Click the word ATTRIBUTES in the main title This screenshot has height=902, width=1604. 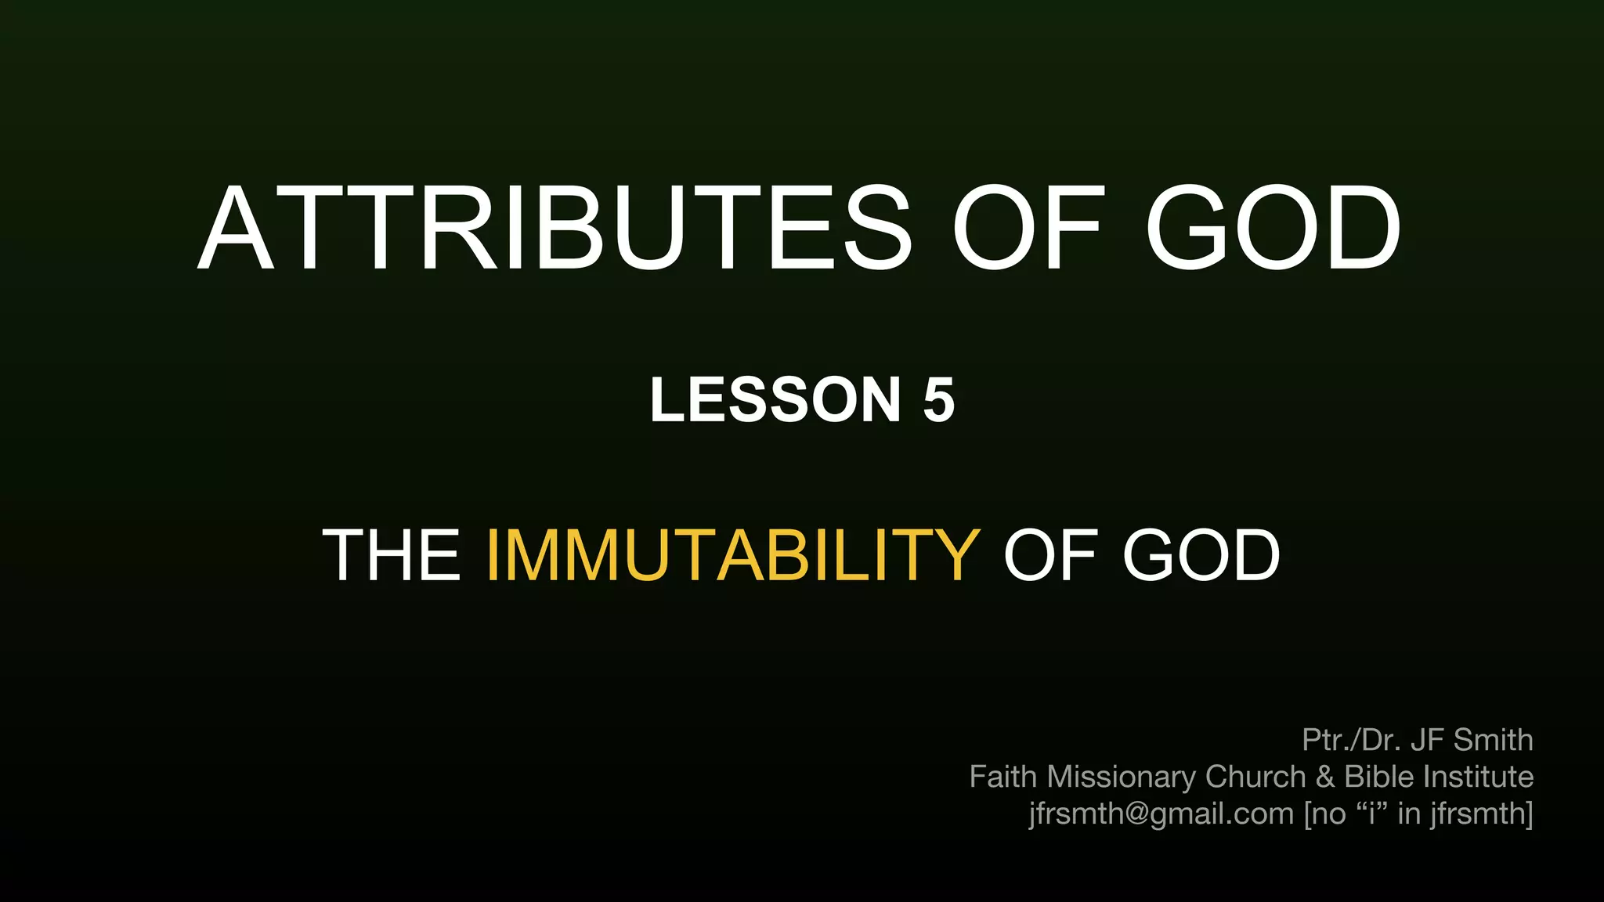click(x=555, y=229)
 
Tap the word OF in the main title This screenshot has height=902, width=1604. click(x=1028, y=229)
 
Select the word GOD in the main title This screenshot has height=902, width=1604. click(x=1273, y=229)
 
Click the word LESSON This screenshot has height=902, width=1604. click(x=775, y=400)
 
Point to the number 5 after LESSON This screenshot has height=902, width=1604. click(x=938, y=400)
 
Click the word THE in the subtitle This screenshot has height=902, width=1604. click(x=392, y=555)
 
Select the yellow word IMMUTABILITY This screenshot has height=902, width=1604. click(x=732, y=555)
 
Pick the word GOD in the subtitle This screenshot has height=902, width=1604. click(x=1201, y=555)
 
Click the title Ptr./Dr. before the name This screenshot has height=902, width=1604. click(x=1351, y=740)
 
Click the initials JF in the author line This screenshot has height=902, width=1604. click(x=1428, y=740)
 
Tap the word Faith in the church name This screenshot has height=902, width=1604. click(x=1003, y=777)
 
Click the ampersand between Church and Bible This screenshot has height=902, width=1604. click(x=1325, y=777)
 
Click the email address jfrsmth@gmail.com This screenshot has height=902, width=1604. click(x=1161, y=814)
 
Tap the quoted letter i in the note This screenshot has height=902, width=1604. click(x=1371, y=814)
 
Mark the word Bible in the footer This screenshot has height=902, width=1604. click(x=1379, y=777)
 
